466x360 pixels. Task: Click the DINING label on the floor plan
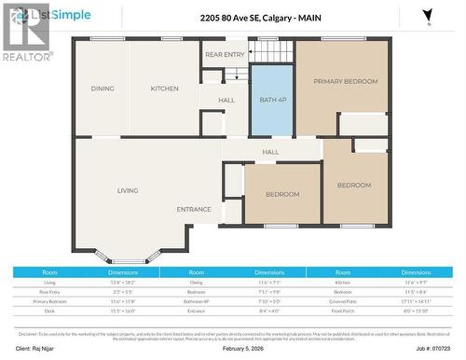coord(103,89)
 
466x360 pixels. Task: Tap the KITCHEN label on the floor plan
coord(165,89)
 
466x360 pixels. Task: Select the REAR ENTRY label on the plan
coord(225,55)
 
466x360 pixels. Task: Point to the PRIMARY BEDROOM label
coord(345,82)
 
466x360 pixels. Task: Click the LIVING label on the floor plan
coord(128,190)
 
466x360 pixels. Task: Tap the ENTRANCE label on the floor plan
coord(194,209)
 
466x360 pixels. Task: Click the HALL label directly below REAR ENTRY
coord(226,100)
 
